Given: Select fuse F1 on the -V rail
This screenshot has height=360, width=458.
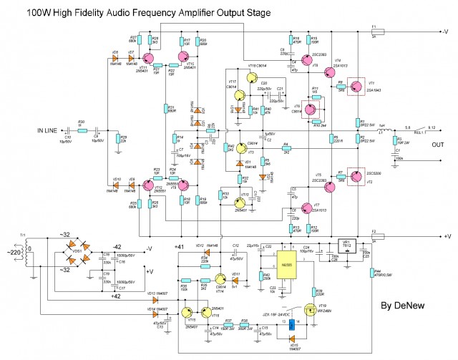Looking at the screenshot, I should [375, 31].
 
